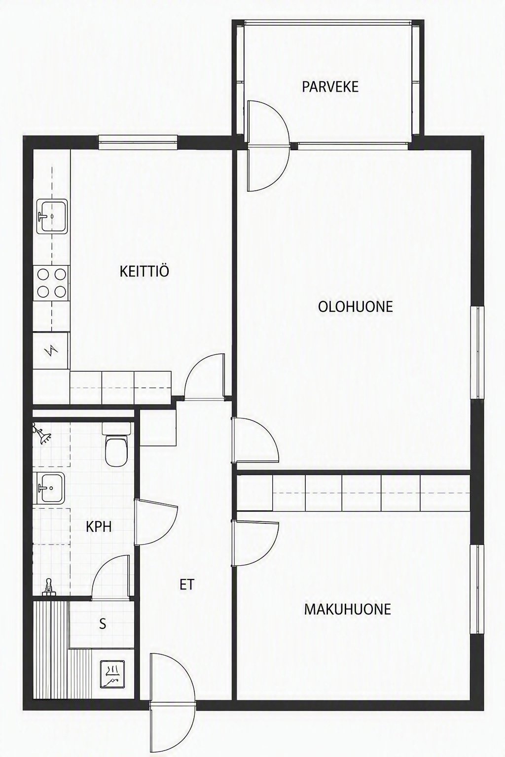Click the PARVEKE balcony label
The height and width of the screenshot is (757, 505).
[x=330, y=87]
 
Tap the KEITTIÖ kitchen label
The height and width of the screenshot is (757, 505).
[x=144, y=272]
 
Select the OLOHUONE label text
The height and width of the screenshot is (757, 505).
[x=356, y=307]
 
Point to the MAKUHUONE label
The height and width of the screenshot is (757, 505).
[x=347, y=609]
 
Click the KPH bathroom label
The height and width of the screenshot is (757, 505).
[x=99, y=526]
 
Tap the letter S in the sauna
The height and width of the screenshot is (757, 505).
[x=103, y=624]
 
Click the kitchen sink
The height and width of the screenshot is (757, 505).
[x=52, y=216]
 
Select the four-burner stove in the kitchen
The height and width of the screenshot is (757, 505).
[x=51, y=282]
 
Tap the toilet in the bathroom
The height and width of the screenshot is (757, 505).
[x=116, y=444]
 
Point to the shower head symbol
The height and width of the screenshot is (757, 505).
[x=41, y=433]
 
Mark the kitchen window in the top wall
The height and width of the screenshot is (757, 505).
[x=138, y=142]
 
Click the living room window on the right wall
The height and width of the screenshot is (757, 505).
[x=477, y=352]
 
